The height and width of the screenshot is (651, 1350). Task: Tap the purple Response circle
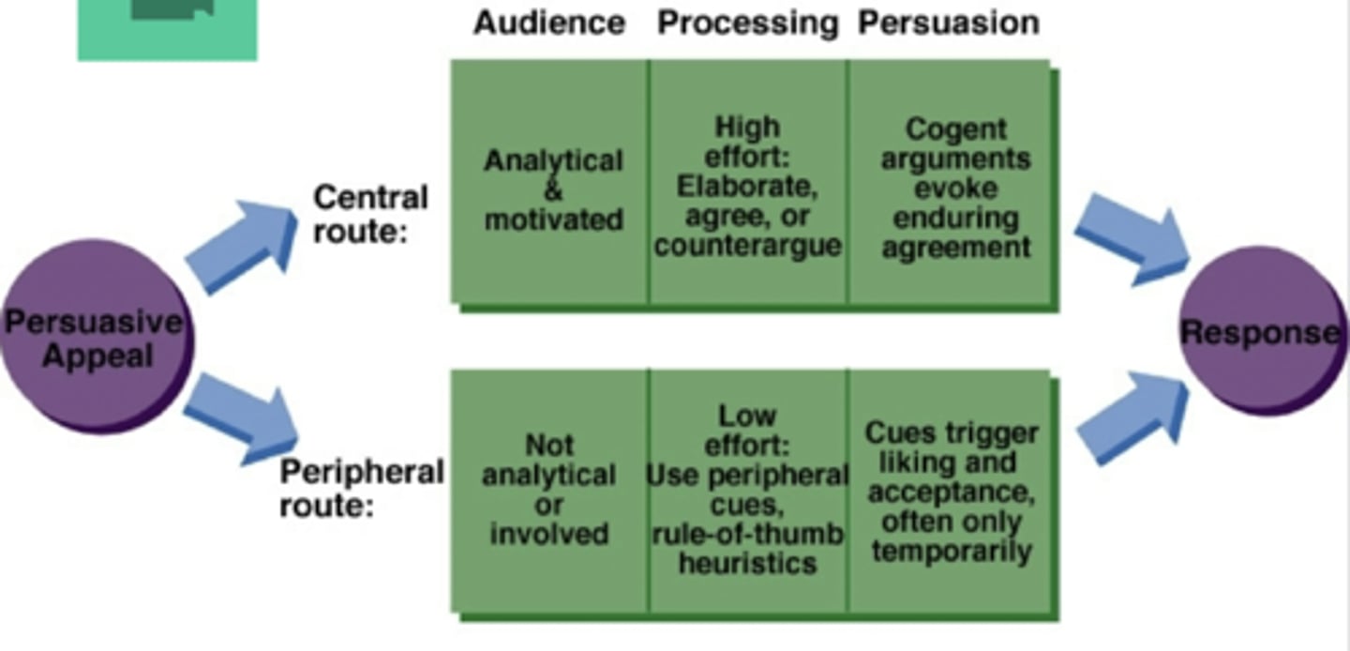1260,331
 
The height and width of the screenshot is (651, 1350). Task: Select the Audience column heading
549,23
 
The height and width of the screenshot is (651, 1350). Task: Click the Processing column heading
747,23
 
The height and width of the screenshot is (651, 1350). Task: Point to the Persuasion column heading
949,23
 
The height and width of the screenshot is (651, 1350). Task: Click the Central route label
370,213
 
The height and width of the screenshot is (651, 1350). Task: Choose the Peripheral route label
362,488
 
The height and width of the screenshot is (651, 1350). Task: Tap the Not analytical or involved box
549,490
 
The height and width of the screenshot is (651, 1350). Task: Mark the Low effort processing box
747,490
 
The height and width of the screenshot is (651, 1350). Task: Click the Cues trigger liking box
952,490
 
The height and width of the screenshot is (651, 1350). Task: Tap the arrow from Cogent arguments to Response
1130,237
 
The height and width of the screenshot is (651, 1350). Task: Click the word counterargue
747,246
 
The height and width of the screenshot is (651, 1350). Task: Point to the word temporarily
952,551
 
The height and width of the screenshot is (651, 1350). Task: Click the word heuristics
747,564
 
